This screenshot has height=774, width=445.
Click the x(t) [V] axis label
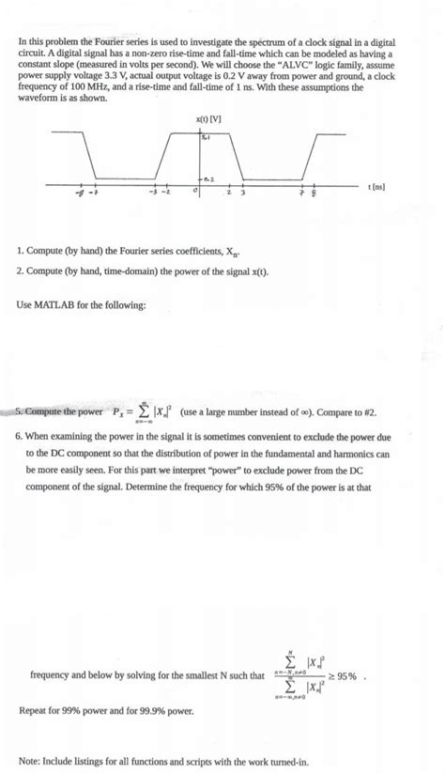click(208, 119)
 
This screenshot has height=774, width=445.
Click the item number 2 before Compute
click(20, 271)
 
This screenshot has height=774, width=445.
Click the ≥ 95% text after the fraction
click(361, 675)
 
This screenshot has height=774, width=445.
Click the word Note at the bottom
click(28, 762)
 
